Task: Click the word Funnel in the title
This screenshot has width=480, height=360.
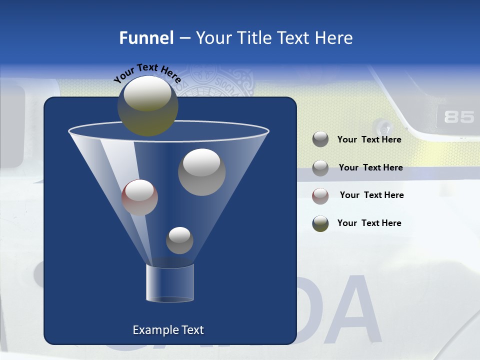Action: [146, 38]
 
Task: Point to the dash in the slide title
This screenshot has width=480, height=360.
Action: [184, 38]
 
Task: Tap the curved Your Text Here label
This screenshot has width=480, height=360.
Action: [147, 73]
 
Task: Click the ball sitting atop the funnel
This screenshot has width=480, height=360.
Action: [147, 105]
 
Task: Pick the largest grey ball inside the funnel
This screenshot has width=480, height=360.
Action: [201, 172]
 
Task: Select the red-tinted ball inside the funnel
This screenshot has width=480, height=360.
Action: [139, 197]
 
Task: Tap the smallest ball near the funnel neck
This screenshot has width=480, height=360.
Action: [179, 240]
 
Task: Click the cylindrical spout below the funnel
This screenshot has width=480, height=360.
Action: [169, 282]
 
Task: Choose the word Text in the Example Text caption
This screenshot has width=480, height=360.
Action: [192, 330]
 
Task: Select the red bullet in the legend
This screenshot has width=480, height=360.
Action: [320, 196]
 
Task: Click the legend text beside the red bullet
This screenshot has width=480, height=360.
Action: [371, 195]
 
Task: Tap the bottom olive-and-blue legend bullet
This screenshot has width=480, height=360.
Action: [320, 223]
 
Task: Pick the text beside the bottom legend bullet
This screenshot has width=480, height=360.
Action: [369, 223]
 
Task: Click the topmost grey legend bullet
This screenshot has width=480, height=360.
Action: [320, 139]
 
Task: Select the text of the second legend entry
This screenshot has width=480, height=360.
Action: [370, 167]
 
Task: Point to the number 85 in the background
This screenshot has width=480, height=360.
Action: [459, 117]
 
